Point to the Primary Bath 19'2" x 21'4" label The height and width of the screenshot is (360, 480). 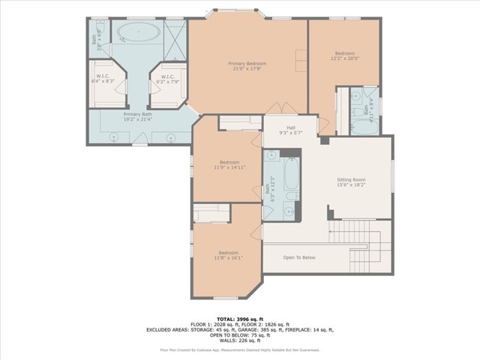click(x=137, y=116)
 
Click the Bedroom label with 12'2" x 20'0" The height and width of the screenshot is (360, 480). click(x=345, y=55)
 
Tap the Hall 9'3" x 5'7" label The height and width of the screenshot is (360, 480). click(x=290, y=130)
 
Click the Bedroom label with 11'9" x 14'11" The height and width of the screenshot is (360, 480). click(x=229, y=165)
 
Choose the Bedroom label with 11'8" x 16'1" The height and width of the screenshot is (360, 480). click(x=229, y=255)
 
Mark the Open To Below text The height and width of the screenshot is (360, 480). click(x=298, y=257)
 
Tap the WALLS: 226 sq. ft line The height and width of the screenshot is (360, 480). click(x=240, y=340)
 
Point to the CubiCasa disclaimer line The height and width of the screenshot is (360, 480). click(x=240, y=349)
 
